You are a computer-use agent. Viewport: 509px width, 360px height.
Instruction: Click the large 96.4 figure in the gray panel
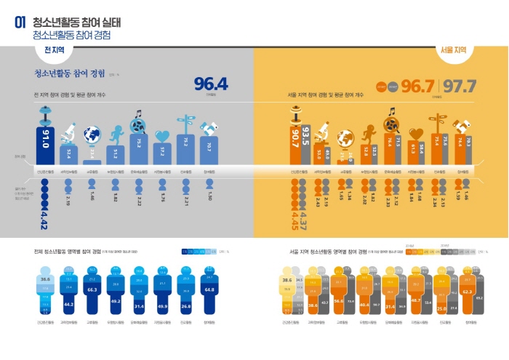(211, 84)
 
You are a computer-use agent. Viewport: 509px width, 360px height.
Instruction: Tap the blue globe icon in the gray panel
(92, 135)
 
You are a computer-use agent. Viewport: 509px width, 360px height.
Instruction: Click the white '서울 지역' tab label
(454, 51)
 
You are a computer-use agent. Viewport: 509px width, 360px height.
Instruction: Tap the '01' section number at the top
(21, 23)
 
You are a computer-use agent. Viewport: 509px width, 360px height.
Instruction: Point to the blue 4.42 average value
(45, 219)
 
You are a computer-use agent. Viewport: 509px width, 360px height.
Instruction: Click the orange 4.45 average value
(295, 219)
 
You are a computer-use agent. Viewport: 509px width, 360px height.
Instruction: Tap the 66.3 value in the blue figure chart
(92, 289)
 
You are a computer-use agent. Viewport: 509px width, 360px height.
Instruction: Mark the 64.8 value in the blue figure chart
(210, 289)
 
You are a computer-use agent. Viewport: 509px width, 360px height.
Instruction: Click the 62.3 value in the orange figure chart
(465, 291)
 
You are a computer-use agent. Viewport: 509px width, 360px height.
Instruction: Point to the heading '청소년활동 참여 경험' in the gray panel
(69, 73)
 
